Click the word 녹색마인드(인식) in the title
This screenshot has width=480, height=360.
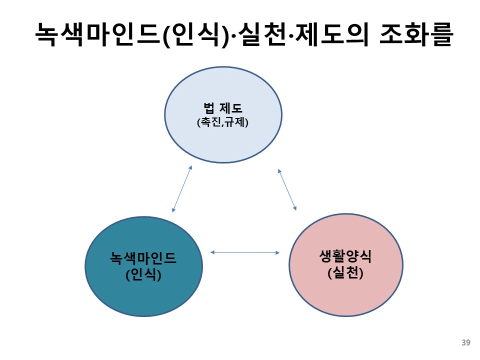[x=132, y=35]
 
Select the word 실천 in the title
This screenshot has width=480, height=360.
[x=268, y=35]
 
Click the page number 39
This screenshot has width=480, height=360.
[x=465, y=342]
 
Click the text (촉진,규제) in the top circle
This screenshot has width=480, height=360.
[x=222, y=121]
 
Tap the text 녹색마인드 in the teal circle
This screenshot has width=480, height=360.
[x=143, y=259]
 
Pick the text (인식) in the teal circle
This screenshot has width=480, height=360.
[x=143, y=274]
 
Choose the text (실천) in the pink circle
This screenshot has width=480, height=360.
[x=345, y=273]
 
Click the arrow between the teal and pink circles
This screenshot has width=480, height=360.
[x=245, y=252]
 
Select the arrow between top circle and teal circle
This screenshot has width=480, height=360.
[x=182, y=188]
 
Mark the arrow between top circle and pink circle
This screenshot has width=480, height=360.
[x=287, y=189]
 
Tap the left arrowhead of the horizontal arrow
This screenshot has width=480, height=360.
[x=212, y=252]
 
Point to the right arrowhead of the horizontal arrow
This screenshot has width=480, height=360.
[x=277, y=252]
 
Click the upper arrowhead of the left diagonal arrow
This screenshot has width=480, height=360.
[x=190, y=167]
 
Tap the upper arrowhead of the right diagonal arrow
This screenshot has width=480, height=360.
[x=279, y=170]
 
